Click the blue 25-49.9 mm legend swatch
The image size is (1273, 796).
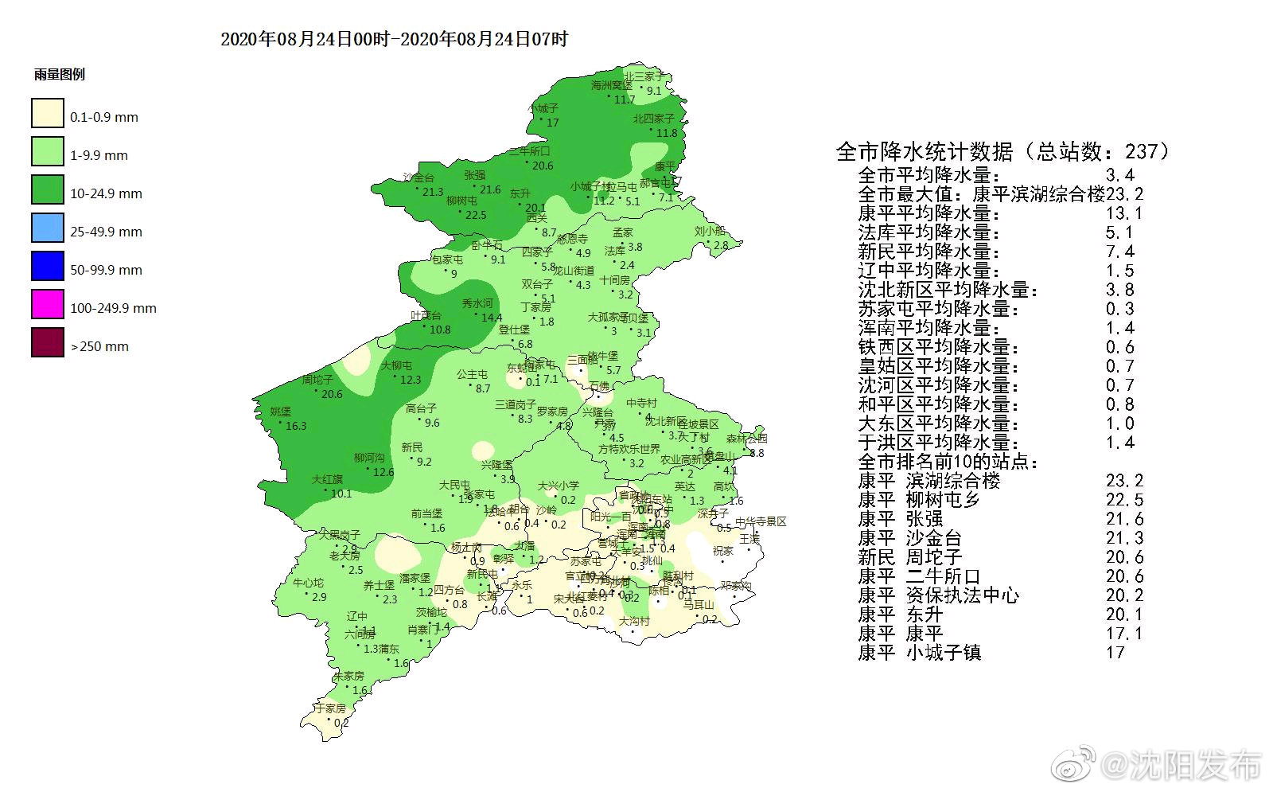[x=48, y=228]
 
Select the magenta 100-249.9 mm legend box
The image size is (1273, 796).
[x=48, y=305]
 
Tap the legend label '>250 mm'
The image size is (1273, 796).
[x=99, y=346]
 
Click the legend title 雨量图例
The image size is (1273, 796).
[x=59, y=75]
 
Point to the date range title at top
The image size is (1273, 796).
[x=394, y=39]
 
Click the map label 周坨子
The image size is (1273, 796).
[x=317, y=380]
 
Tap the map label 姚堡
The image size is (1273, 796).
[x=280, y=412]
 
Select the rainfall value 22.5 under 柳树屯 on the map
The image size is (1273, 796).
[x=476, y=215]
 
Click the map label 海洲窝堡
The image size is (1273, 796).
[x=612, y=85]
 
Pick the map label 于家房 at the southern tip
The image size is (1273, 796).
[x=329, y=708]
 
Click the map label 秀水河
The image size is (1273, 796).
[x=477, y=303]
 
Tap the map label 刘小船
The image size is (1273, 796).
[x=710, y=232]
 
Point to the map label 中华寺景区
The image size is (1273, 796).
[x=760, y=521]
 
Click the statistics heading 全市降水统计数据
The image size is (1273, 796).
[x=924, y=150]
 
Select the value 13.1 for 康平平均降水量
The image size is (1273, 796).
[x=1123, y=213]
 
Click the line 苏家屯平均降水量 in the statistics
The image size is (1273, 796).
[x=939, y=309]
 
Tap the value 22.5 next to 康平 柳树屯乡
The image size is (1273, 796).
[x=1123, y=500]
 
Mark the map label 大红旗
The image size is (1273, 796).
[x=327, y=479]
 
